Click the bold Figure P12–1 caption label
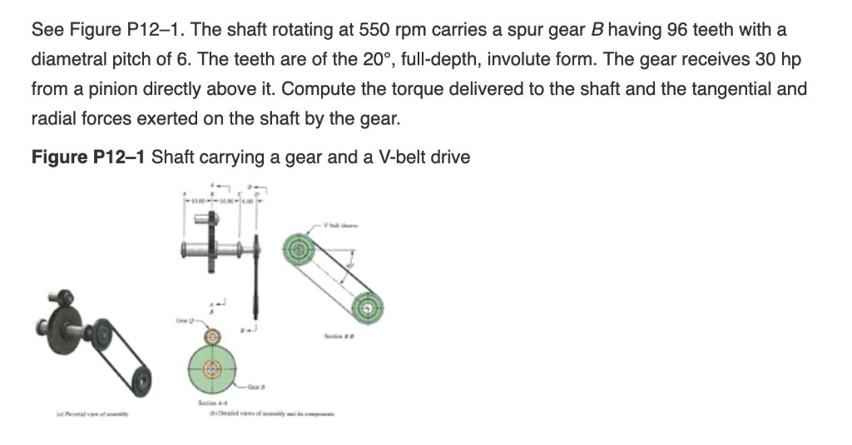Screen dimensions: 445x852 [x=89, y=157]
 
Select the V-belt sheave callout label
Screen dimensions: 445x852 [x=337, y=225]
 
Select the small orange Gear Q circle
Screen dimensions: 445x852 [x=213, y=336]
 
